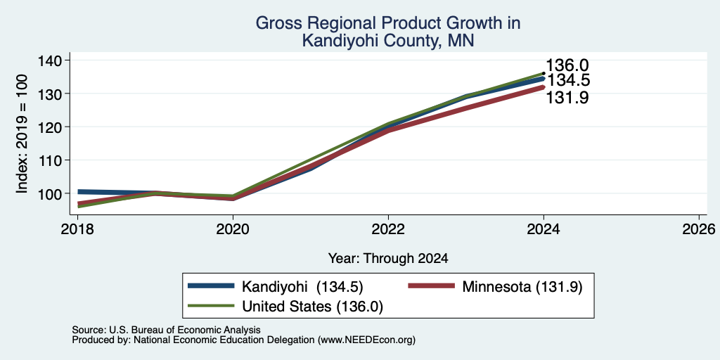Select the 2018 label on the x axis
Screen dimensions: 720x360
(77, 229)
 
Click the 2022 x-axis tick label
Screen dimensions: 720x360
(388, 229)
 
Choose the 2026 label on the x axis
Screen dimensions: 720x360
(699, 229)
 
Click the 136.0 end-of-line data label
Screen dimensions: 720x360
(567, 65)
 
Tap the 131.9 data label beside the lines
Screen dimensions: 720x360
(567, 97)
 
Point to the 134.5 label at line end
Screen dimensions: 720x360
(568, 80)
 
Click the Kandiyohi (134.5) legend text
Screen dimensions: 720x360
(302, 287)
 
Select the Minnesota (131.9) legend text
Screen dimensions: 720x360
(522, 287)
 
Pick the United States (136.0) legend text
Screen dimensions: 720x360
(312, 307)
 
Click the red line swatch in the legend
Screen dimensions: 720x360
(431, 286)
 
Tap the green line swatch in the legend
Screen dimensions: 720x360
(211, 306)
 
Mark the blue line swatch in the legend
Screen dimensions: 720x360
(211, 286)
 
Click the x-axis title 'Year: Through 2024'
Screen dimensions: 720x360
(388, 259)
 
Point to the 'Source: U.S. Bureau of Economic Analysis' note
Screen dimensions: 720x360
(166, 330)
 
